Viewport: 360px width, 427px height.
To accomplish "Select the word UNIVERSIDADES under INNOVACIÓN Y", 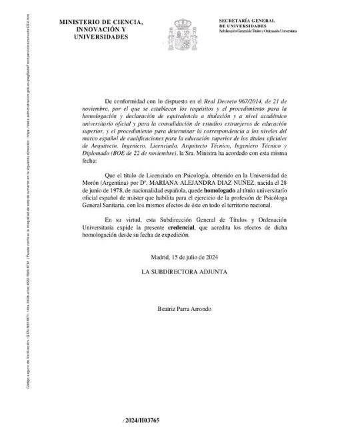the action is [101, 37].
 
